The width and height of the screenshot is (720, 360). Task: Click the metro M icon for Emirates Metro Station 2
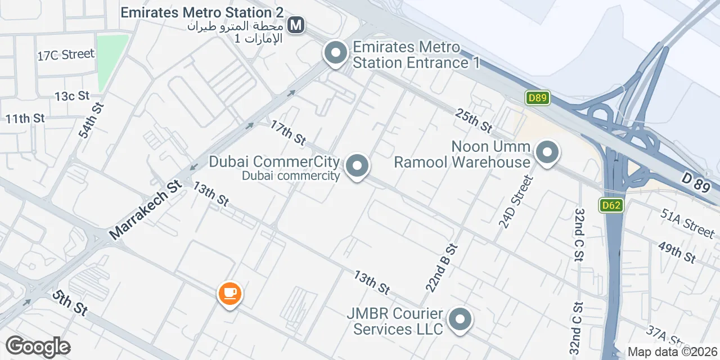[x=296, y=25]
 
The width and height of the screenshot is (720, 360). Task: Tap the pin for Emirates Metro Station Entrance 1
[x=336, y=54]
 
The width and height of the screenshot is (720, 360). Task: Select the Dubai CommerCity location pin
[x=356, y=166]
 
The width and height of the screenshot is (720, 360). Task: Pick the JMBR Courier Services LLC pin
[x=460, y=319]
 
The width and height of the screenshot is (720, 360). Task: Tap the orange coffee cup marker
[x=229, y=293]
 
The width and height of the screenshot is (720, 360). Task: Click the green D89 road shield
[x=538, y=98]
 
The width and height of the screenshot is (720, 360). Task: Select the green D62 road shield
[x=610, y=205]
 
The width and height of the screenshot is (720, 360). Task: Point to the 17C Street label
[x=66, y=55]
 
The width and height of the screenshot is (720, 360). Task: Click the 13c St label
[x=72, y=96]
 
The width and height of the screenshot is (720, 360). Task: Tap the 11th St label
[x=25, y=119]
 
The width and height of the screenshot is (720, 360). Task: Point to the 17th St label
[x=287, y=131]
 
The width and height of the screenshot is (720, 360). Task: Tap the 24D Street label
[x=515, y=201]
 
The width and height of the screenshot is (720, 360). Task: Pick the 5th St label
[x=70, y=303]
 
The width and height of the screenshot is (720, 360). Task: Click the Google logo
[x=38, y=347]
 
